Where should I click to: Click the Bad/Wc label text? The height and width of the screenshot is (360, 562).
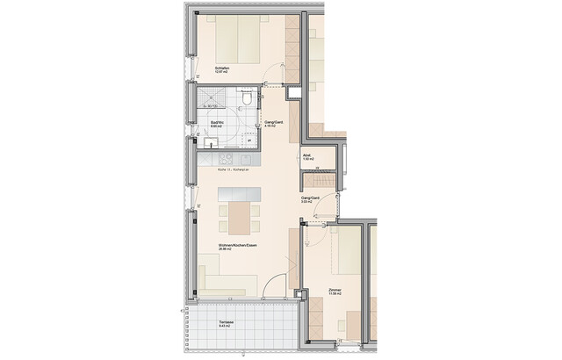pyautogui.click(x=216, y=122)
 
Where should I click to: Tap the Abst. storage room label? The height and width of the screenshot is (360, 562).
pyautogui.click(x=307, y=155)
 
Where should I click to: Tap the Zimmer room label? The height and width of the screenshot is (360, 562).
pyautogui.click(x=335, y=289)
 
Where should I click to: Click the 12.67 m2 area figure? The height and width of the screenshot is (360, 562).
pyautogui.click(x=221, y=74)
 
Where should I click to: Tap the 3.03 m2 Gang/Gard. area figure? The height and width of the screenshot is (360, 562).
pyautogui.click(x=306, y=204)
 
